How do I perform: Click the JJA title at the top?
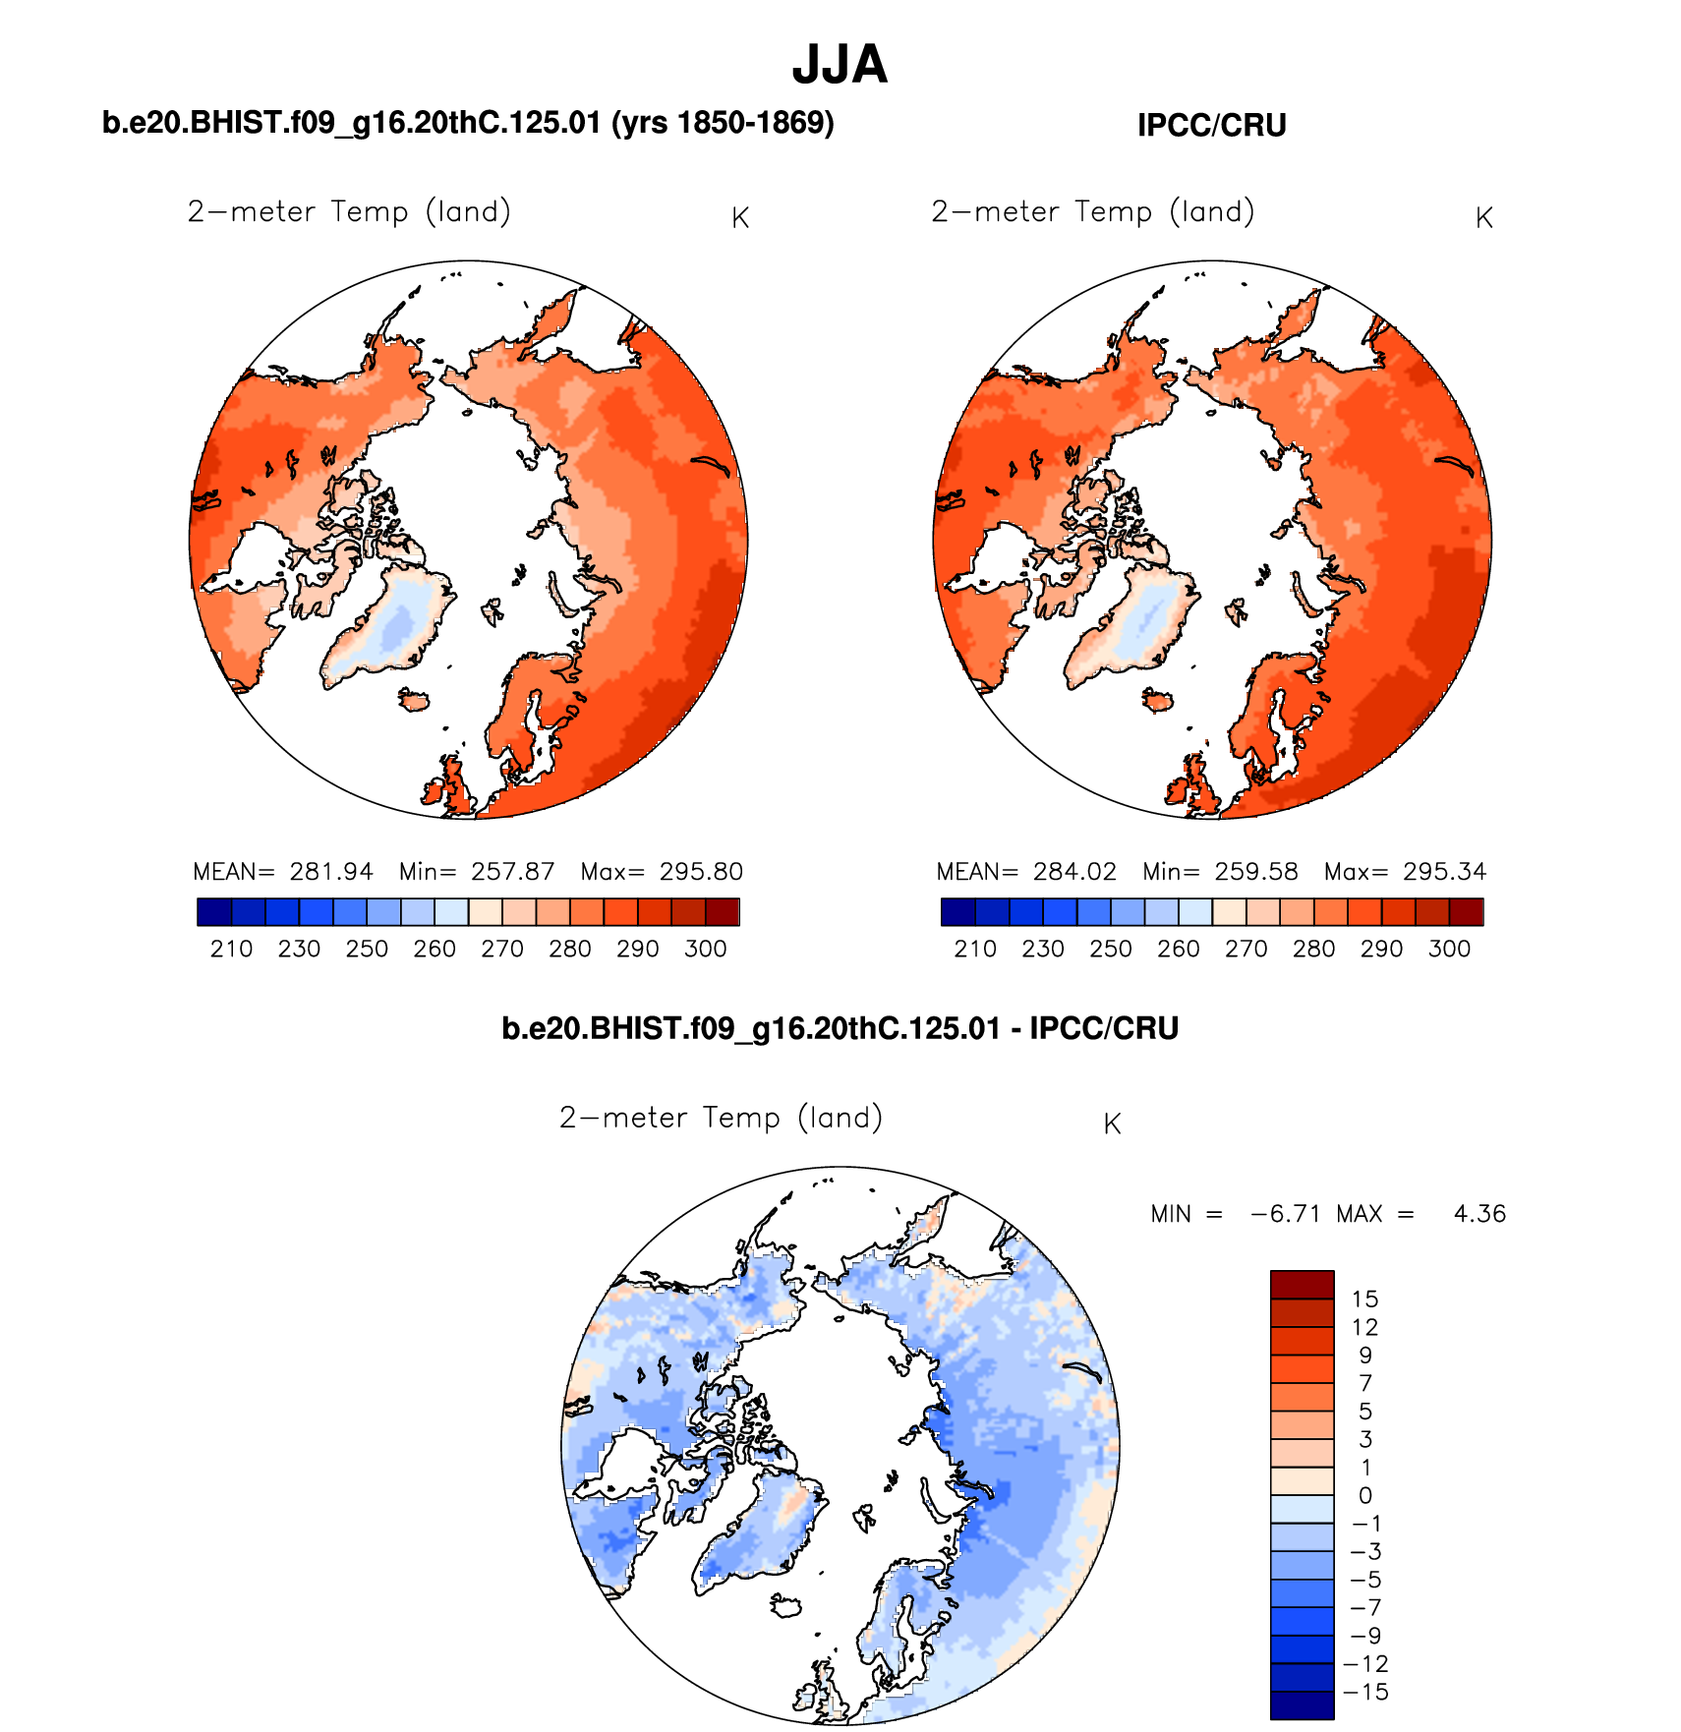point(840,65)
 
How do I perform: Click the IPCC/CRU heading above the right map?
point(1211,126)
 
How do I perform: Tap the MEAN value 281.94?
point(331,872)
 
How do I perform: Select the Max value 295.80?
point(701,872)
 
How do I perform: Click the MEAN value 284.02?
point(1074,872)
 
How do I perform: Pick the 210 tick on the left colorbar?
point(231,949)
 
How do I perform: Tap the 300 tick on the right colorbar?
point(1449,949)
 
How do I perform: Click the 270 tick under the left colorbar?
point(501,949)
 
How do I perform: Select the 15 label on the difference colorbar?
point(1364,1299)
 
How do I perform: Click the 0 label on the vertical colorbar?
point(1364,1496)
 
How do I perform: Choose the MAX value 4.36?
point(1479,1214)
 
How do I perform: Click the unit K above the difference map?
point(1112,1125)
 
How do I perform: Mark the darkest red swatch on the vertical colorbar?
point(1302,1285)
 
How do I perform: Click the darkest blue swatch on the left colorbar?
point(214,912)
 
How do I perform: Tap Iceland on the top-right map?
point(1157,700)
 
